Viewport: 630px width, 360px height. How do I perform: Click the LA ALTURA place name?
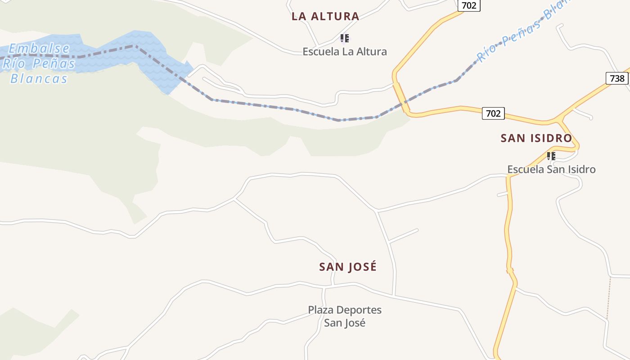(325, 17)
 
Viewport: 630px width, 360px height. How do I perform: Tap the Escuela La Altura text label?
(344, 51)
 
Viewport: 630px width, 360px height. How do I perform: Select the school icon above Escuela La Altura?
(344, 38)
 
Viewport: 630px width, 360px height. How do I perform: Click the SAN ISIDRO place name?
(536, 138)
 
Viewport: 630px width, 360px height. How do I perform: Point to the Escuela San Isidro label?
(551, 169)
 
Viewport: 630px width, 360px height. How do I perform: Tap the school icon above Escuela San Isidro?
(551, 156)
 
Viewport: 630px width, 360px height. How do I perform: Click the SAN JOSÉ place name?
(348, 267)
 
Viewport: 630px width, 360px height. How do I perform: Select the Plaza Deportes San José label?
(345, 316)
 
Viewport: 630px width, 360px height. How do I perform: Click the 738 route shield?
(617, 78)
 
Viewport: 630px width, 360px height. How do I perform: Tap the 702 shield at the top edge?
(469, 5)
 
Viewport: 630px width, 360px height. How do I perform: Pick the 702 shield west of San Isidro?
(493, 113)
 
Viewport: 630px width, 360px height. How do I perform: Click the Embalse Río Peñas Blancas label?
(39, 63)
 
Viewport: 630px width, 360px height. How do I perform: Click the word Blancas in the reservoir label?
(39, 79)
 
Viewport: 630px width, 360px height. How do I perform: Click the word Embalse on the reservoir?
(39, 49)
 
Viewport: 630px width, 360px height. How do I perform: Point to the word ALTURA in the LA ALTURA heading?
(336, 17)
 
